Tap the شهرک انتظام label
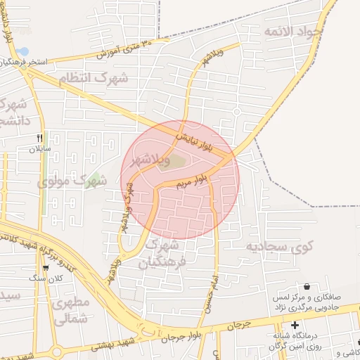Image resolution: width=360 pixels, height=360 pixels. tap(124, 78)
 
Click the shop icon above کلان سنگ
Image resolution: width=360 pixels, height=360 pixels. tap(46, 267)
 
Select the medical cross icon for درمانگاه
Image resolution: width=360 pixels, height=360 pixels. tap(295, 325)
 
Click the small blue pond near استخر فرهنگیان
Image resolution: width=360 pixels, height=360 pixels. tap(23, 52)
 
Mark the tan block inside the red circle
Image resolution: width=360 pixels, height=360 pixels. tap(178, 162)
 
